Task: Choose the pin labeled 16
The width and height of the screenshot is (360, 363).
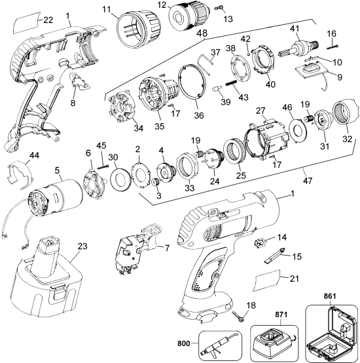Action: tap(333, 46)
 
